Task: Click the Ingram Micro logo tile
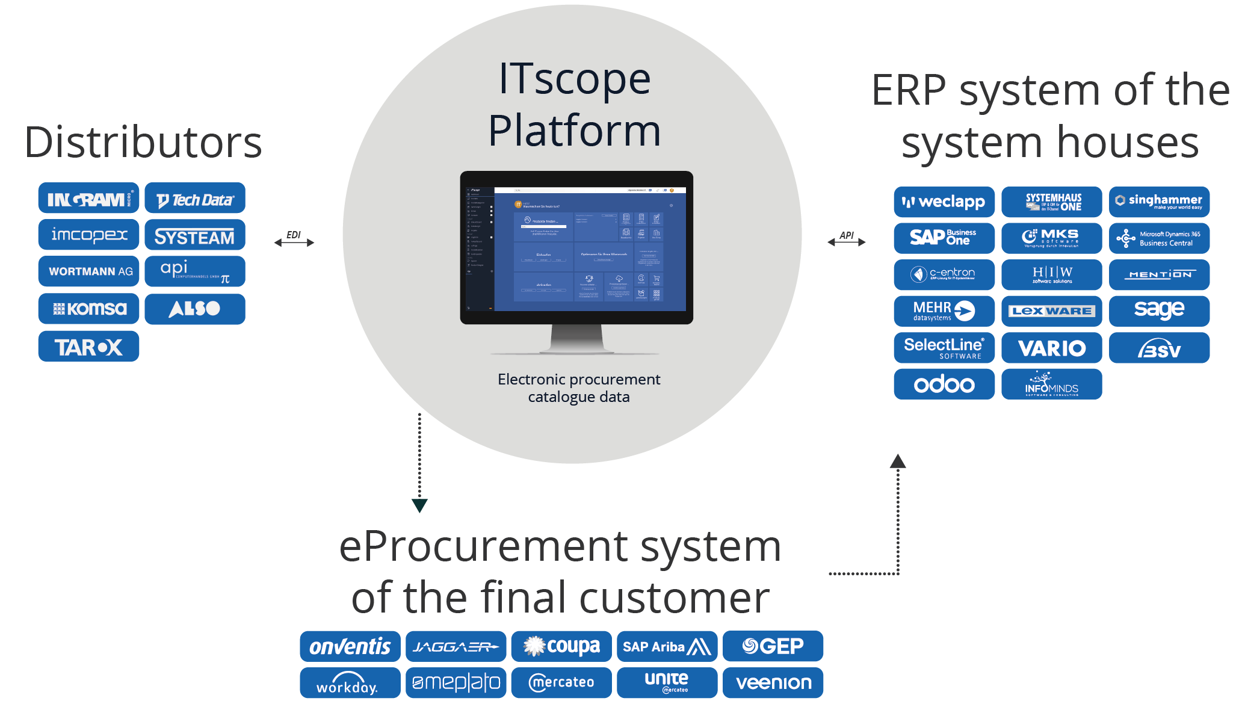coord(88,199)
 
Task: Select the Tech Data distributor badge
coord(195,199)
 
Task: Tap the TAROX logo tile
coord(88,347)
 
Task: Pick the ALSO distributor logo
coord(195,309)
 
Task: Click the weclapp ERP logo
coord(944,202)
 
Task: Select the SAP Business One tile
coord(944,238)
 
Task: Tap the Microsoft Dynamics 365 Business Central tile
coord(1159,238)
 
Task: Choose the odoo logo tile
coord(944,384)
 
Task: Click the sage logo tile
coord(1159,310)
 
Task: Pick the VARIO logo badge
coord(1051,348)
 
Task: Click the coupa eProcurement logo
coord(561,646)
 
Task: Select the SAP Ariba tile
coord(667,646)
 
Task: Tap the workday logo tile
coord(350,683)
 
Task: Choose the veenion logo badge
coord(773,683)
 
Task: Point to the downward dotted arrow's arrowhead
coord(419,505)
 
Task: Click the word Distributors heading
coord(143,143)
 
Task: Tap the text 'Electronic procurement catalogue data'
coord(579,388)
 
